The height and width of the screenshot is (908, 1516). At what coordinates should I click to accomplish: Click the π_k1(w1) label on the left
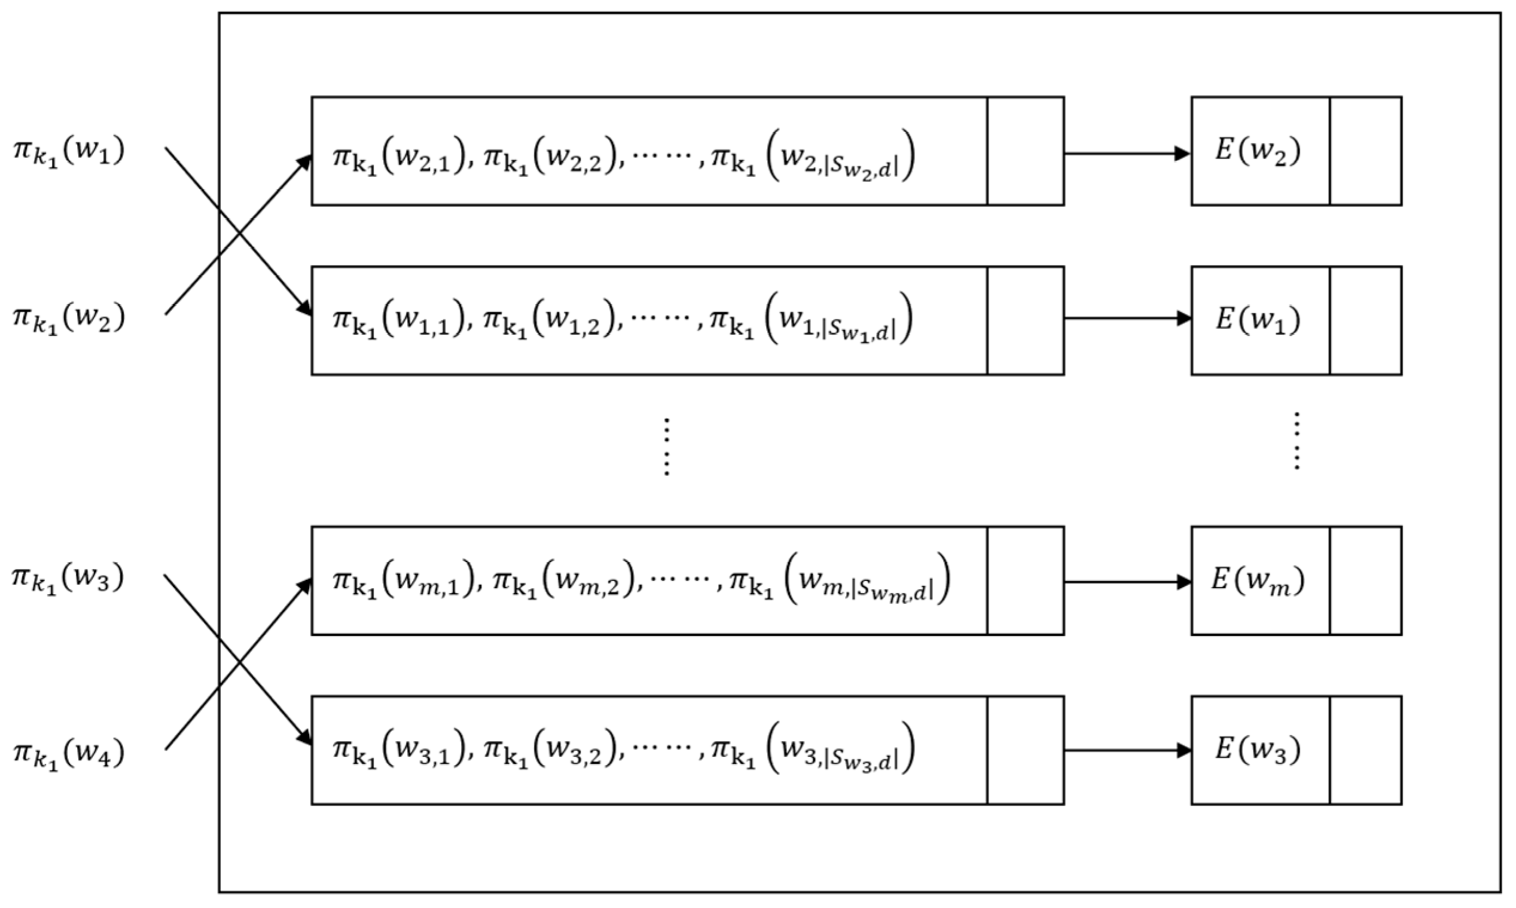(x=69, y=152)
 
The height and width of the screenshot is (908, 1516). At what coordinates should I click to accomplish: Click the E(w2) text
(x=1258, y=151)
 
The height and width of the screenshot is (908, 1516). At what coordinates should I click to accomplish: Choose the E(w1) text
(x=1258, y=320)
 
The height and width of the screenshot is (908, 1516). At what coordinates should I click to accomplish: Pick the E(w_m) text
(x=1258, y=580)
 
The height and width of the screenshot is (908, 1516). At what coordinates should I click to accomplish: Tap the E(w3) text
(x=1258, y=750)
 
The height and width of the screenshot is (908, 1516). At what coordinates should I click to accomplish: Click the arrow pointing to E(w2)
(x=1126, y=154)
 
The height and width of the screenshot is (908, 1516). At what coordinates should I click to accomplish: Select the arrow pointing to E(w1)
(x=1126, y=318)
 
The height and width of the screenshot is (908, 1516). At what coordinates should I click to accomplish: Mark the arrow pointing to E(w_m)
(x=1126, y=582)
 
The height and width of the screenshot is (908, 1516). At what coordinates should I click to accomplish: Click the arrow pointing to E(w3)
(x=1126, y=750)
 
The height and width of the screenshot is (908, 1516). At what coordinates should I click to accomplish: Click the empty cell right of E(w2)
(x=1365, y=151)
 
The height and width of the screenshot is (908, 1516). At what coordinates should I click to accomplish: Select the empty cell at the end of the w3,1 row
(x=1025, y=750)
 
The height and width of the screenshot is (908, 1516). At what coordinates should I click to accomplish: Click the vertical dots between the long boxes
(x=666, y=447)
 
